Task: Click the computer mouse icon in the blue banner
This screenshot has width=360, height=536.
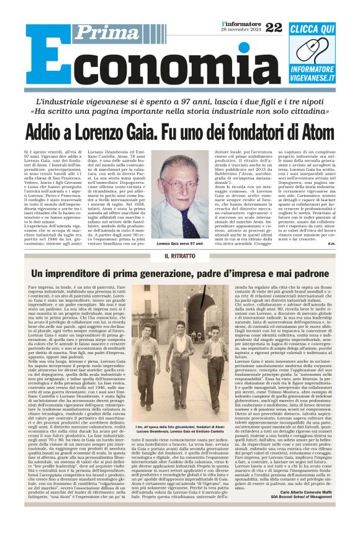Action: tap(317, 50)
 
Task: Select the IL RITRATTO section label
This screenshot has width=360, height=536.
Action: tap(162, 256)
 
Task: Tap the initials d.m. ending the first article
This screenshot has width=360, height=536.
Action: tap(333, 243)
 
